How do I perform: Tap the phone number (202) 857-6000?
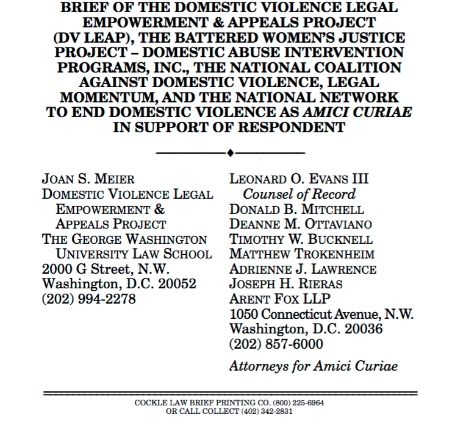pos(276,344)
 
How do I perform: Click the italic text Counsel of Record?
pos(299,194)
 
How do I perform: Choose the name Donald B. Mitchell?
pos(296,209)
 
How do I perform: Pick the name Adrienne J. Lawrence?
pos(303,269)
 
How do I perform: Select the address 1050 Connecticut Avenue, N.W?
pos(321,314)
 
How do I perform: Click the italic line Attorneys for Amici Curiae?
pos(313,366)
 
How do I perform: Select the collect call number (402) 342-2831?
pos(264,411)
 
